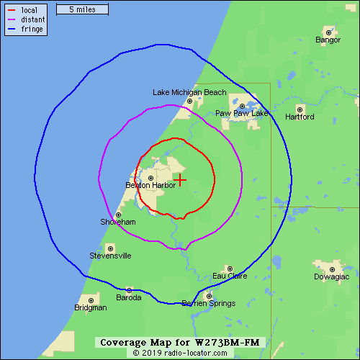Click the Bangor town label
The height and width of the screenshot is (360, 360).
coord(328,40)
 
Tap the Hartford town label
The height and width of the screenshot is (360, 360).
coord(300,117)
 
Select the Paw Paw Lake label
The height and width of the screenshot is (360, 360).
coord(242,114)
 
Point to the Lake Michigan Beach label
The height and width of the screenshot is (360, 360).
coord(189,92)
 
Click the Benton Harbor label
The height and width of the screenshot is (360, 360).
coord(150,186)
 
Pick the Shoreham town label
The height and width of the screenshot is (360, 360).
coord(118,222)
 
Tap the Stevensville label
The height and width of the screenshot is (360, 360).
coord(110,256)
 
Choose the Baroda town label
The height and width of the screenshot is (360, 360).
coord(129,297)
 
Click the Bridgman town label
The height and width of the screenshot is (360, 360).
coord(90,307)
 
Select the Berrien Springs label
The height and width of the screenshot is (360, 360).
coord(209,304)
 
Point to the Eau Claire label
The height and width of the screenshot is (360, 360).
coord(230,276)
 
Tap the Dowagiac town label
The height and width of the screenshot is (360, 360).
coord(331,276)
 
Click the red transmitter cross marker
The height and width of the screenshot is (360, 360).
coord(180,179)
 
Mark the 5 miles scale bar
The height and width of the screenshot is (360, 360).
coord(82,10)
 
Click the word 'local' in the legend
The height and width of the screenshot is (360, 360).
coord(30,10)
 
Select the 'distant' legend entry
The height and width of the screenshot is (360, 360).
coord(33,20)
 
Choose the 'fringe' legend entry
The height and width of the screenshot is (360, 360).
coord(32,30)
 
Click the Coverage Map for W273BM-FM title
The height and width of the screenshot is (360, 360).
coord(179,342)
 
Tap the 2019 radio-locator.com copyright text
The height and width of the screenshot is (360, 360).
coord(179,354)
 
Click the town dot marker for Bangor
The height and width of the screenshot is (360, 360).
coord(329,32)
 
